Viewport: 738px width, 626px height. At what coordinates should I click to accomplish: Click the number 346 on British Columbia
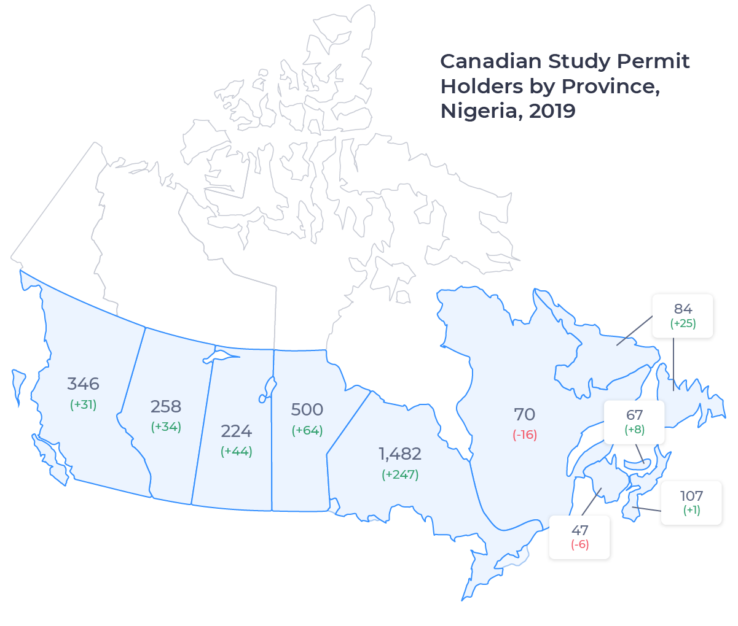tap(83, 384)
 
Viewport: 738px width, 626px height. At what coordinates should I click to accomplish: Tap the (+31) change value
tap(83, 404)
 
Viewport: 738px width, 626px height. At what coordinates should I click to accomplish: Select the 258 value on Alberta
tap(166, 406)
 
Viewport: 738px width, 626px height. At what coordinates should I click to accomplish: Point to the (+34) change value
tap(166, 427)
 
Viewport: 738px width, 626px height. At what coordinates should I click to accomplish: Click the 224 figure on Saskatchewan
tap(237, 431)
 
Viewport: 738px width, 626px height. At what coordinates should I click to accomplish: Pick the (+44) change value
tap(237, 451)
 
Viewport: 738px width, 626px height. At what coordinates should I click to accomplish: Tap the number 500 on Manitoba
tap(307, 409)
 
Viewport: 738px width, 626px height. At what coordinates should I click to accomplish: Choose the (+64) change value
tap(307, 430)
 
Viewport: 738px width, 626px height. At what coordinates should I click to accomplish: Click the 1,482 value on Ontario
tap(400, 454)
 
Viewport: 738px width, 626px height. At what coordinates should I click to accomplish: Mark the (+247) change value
tap(400, 474)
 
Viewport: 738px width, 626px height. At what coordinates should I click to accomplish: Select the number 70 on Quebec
tap(525, 414)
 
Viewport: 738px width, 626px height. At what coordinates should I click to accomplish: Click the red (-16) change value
tap(525, 435)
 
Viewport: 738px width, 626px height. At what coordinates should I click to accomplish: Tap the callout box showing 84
tap(683, 316)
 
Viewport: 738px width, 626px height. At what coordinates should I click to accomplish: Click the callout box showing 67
tap(634, 422)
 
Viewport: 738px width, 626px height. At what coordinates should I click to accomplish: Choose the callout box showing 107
tap(691, 503)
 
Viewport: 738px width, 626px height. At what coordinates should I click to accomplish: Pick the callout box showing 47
tap(579, 537)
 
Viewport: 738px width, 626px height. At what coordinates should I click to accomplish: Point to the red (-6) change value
tap(579, 544)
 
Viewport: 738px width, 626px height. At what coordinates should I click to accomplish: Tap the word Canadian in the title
tap(490, 61)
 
